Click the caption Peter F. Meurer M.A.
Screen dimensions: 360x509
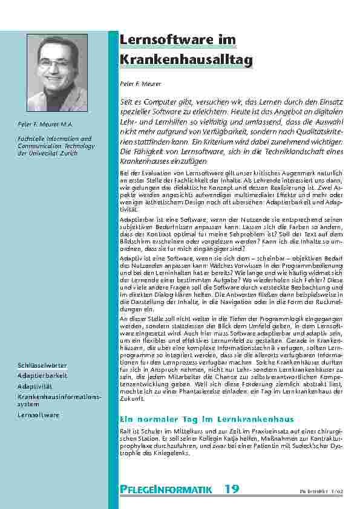tap(45, 125)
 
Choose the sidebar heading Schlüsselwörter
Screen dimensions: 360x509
tap(42, 366)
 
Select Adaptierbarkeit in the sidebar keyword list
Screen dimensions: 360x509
tap(42, 376)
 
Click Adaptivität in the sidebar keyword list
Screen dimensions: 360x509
tap(36, 386)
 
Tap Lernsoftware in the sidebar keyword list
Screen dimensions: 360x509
tap(38, 415)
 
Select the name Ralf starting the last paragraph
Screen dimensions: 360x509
tap(126, 430)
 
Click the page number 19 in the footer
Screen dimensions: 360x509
tap(231, 488)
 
